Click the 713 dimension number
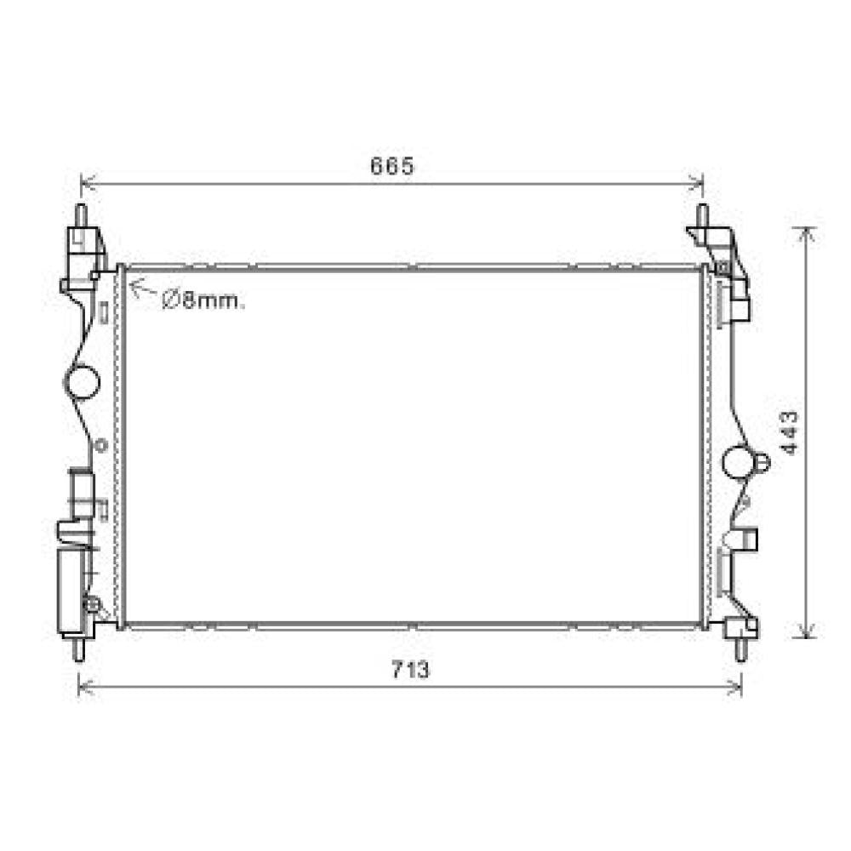(x=411, y=671)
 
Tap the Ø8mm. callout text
(x=203, y=300)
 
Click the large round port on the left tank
(x=83, y=382)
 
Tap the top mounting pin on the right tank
(x=702, y=215)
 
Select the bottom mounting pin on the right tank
(x=740, y=648)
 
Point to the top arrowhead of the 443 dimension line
(x=807, y=233)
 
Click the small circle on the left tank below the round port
(x=100, y=445)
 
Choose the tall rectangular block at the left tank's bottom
(x=70, y=591)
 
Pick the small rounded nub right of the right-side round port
(x=761, y=462)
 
